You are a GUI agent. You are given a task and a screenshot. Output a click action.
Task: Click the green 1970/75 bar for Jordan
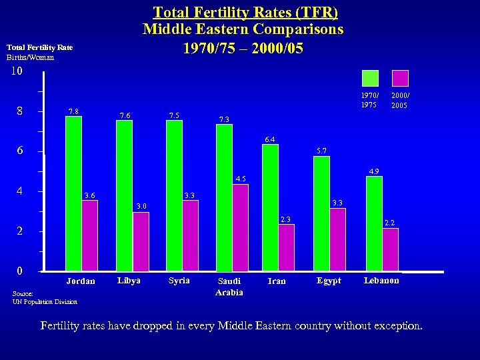(73, 193)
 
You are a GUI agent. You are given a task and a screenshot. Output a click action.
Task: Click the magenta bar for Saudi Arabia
(240, 227)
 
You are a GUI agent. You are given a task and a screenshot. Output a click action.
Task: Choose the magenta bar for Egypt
(337, 239)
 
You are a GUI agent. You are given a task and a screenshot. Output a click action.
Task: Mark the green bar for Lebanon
(374, 223)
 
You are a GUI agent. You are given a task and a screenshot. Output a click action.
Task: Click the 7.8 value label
(74, 111)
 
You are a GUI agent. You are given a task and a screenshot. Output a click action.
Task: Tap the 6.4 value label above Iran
(270, 139)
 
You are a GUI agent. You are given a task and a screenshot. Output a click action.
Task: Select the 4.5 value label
(241, 179)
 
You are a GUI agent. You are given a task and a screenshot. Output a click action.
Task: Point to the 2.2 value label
(390, 223)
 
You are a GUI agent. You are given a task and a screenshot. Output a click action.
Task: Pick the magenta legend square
(400, 79)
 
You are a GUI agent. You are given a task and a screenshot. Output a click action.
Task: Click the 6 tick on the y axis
(20, 151)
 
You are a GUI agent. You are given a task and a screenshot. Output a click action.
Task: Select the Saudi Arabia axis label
(230, 287)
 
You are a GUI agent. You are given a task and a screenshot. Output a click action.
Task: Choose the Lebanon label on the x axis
(381, 281)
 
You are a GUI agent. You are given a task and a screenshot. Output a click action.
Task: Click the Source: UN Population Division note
(44, 297)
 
